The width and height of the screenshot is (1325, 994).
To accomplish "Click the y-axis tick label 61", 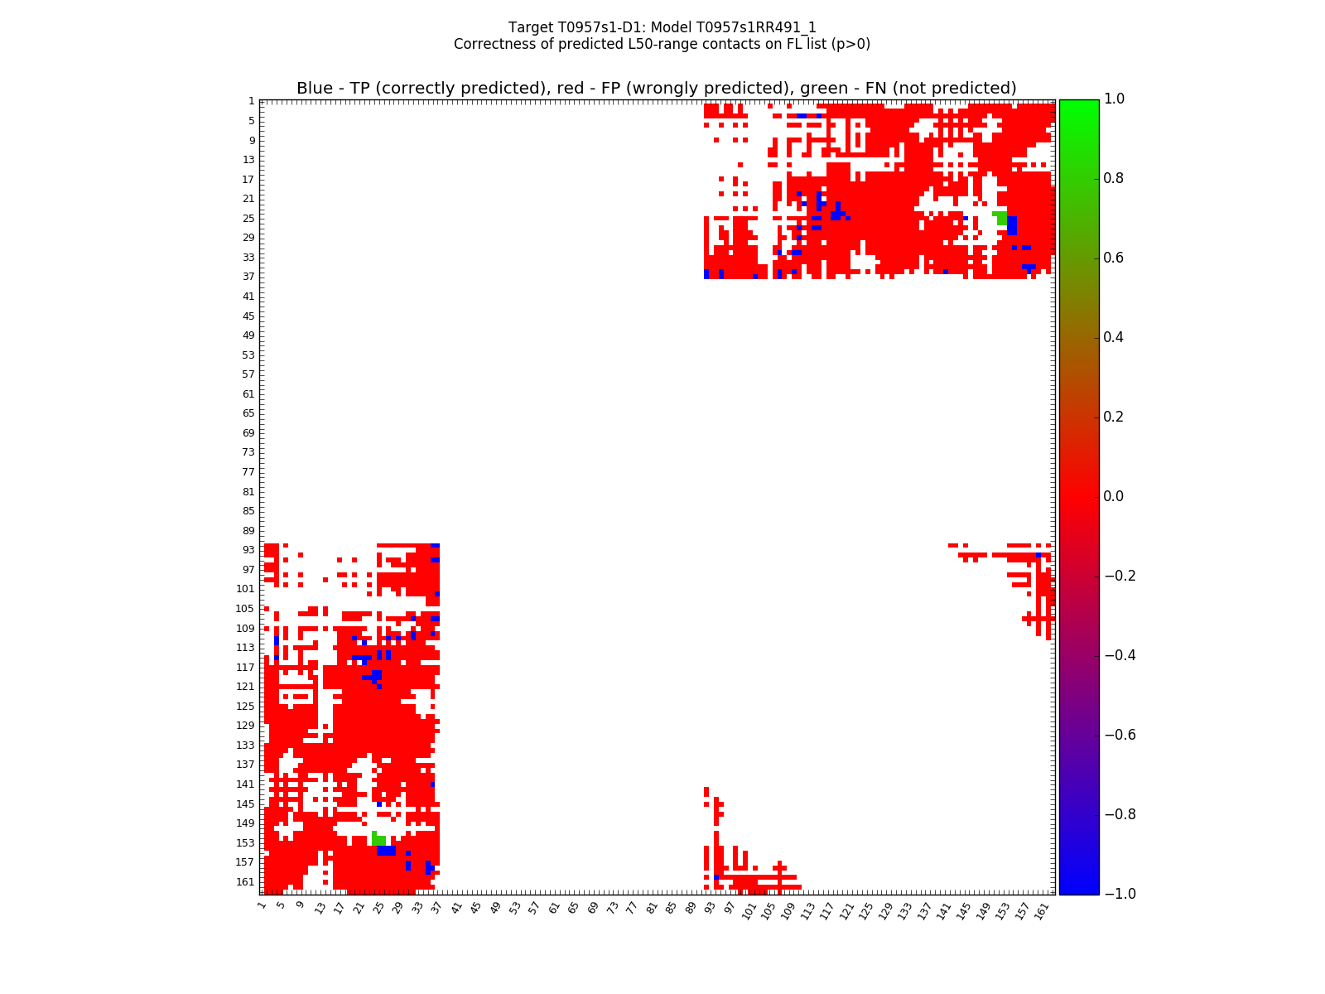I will (x=248, y=394).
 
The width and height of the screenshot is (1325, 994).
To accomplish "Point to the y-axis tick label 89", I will (x=248, y=531).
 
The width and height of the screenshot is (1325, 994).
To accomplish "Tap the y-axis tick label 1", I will (x=251, y=101).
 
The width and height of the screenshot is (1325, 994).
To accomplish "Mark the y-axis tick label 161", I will (x=246, y=882).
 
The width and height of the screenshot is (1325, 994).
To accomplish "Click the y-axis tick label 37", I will (x=248, y=277).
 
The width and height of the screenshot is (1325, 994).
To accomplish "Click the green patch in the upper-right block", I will (x=1001, y=218).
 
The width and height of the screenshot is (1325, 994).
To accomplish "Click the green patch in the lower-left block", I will (x=378, y=840).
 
